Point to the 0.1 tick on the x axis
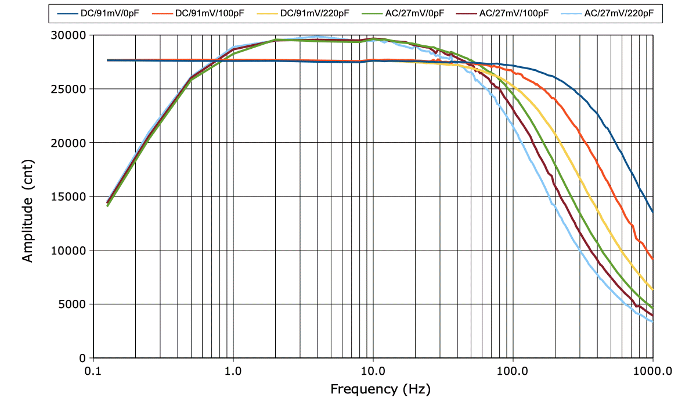93,371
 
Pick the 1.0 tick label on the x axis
233,371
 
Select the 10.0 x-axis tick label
373,371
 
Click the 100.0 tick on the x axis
513,371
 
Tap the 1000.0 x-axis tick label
652,371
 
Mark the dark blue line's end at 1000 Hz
653,212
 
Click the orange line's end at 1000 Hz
653,259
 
